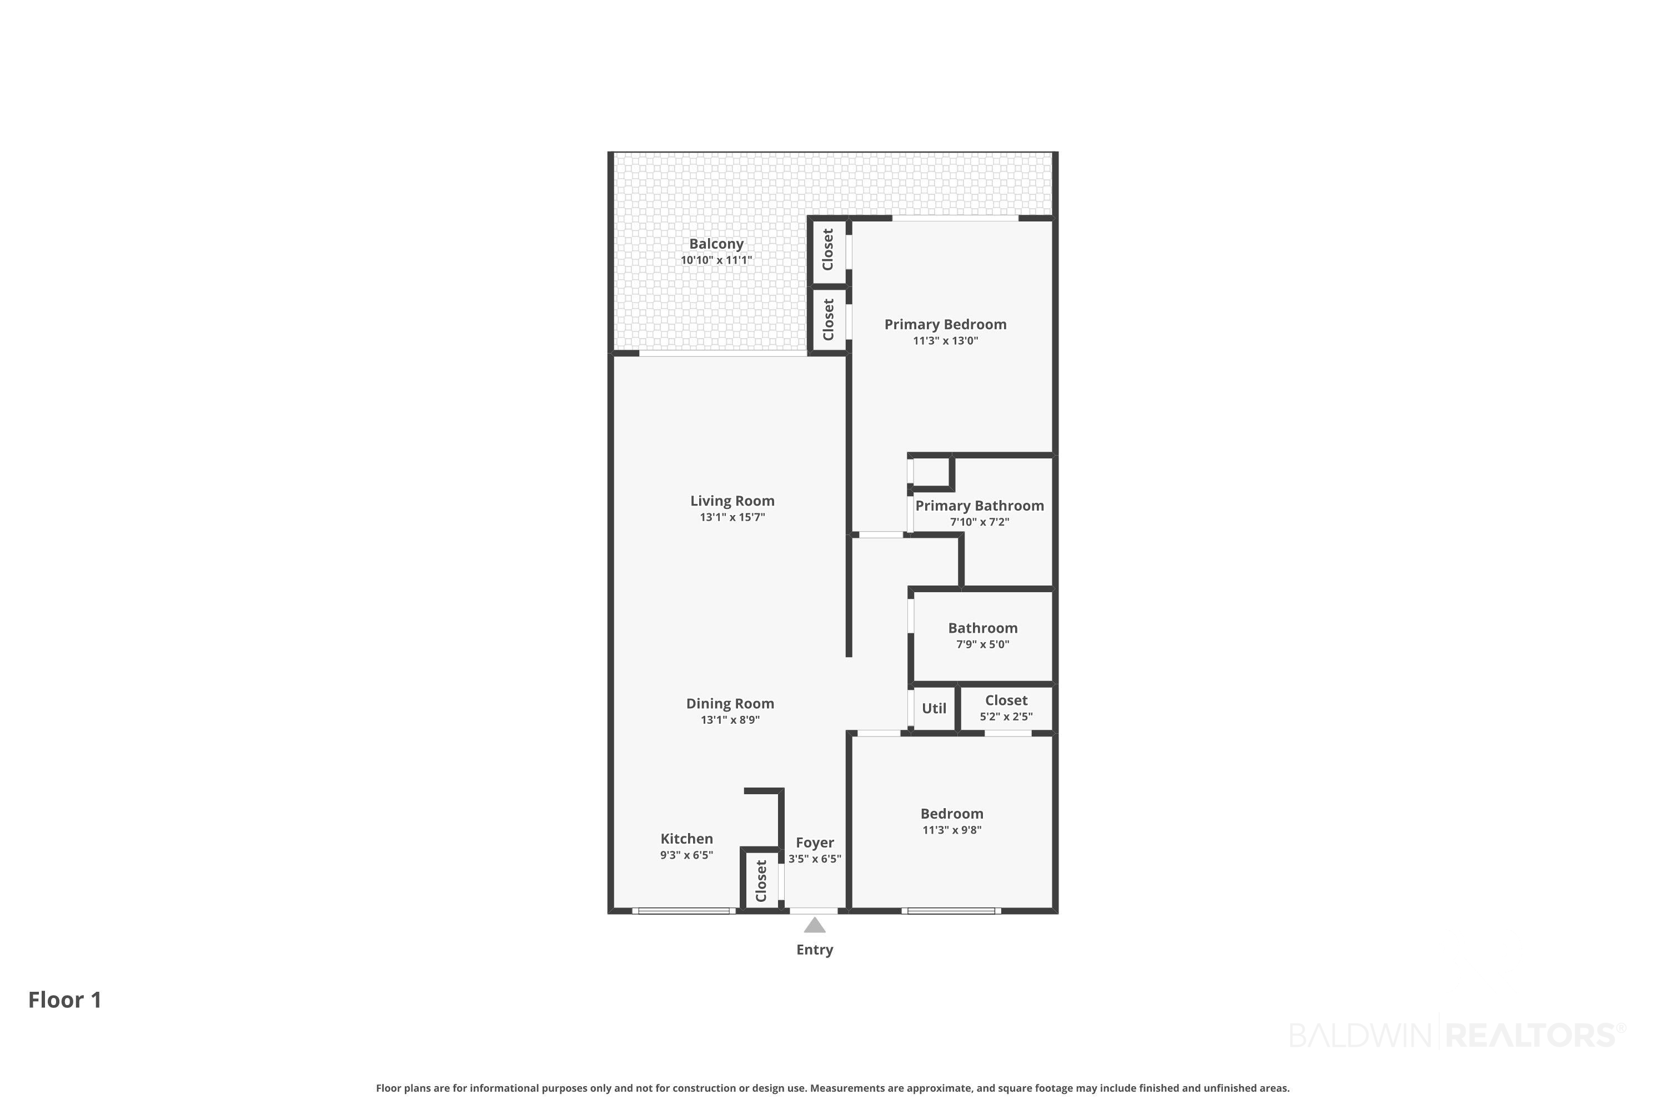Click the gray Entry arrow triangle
[815, 925]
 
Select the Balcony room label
[716, 244]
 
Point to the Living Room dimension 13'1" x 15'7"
[732, 517]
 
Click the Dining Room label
[730, 704]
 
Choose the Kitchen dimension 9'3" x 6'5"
[686, 855]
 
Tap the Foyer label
[815, 842]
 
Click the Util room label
[934, 709]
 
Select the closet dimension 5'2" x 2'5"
[1006, 717]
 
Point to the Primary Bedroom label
[946, 324]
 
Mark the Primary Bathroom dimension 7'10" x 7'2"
[980, 522]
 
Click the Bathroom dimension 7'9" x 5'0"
[982, 644]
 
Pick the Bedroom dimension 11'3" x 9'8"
[952, 830]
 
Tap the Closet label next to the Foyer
[761, 881]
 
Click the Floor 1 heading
[65, 1000]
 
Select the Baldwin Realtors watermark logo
[1458, 1035]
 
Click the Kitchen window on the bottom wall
[684, 910]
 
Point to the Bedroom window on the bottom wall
[951, 910]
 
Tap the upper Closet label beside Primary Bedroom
[828, 249]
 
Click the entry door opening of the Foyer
[814, 910]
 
